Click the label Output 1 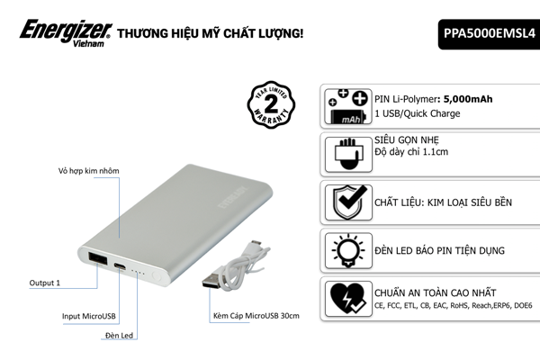(x=44, y=283)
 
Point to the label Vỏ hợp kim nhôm (x=88, y=170)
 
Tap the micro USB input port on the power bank (x=120, y=267)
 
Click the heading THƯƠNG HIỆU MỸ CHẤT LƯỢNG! (x=210, y=33)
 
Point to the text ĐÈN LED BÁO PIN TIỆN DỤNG (x=438, y=250)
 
